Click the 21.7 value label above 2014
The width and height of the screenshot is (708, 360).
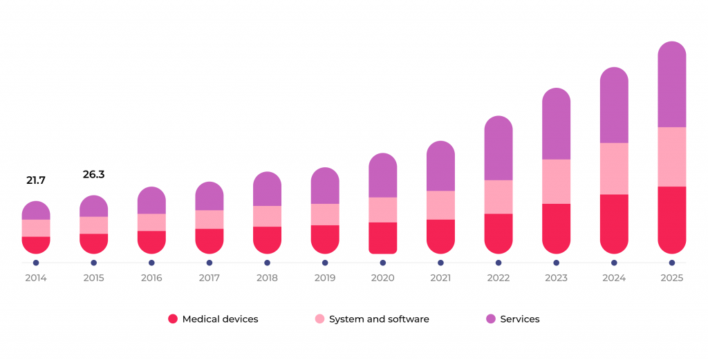[36, 180]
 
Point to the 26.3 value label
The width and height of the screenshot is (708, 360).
[93, 175]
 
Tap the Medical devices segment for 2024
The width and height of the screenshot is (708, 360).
[614, 223]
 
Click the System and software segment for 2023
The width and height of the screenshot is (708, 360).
[556, 181]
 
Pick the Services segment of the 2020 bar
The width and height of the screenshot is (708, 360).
[382, 176]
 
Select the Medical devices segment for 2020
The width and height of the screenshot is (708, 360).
[382, 238]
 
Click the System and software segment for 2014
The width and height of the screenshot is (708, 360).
[36, 228]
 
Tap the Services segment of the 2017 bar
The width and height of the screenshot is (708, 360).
[209, 196]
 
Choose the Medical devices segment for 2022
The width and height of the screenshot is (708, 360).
[498, 233]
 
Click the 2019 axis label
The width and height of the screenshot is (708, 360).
[324, 278]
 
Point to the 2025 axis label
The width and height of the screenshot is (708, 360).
[671, 278]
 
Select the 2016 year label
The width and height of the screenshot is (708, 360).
[151, 278]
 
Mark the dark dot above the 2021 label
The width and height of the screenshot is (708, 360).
[440, 263]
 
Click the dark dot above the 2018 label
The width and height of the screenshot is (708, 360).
[267, 263]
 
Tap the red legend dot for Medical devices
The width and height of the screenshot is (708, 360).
[173, 319]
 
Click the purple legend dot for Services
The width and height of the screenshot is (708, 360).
[491, 319]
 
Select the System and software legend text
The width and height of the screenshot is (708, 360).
[379, 319]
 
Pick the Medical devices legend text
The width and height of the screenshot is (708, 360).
[220, 319]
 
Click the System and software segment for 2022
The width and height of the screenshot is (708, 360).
[498, 197]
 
